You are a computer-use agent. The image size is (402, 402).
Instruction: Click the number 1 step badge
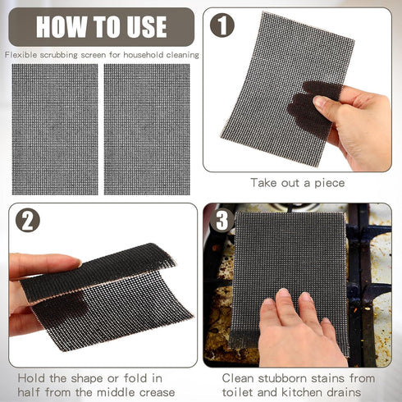click(x=222, y=25)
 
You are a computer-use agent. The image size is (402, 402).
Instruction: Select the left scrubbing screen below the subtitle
click(x=55, y=128)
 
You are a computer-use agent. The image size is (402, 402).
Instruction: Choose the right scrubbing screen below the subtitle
click(x=147, y=128)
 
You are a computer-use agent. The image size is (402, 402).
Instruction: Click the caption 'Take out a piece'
click(x=298, y=183)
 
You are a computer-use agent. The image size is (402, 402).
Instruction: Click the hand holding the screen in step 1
click(x=357, y=123)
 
